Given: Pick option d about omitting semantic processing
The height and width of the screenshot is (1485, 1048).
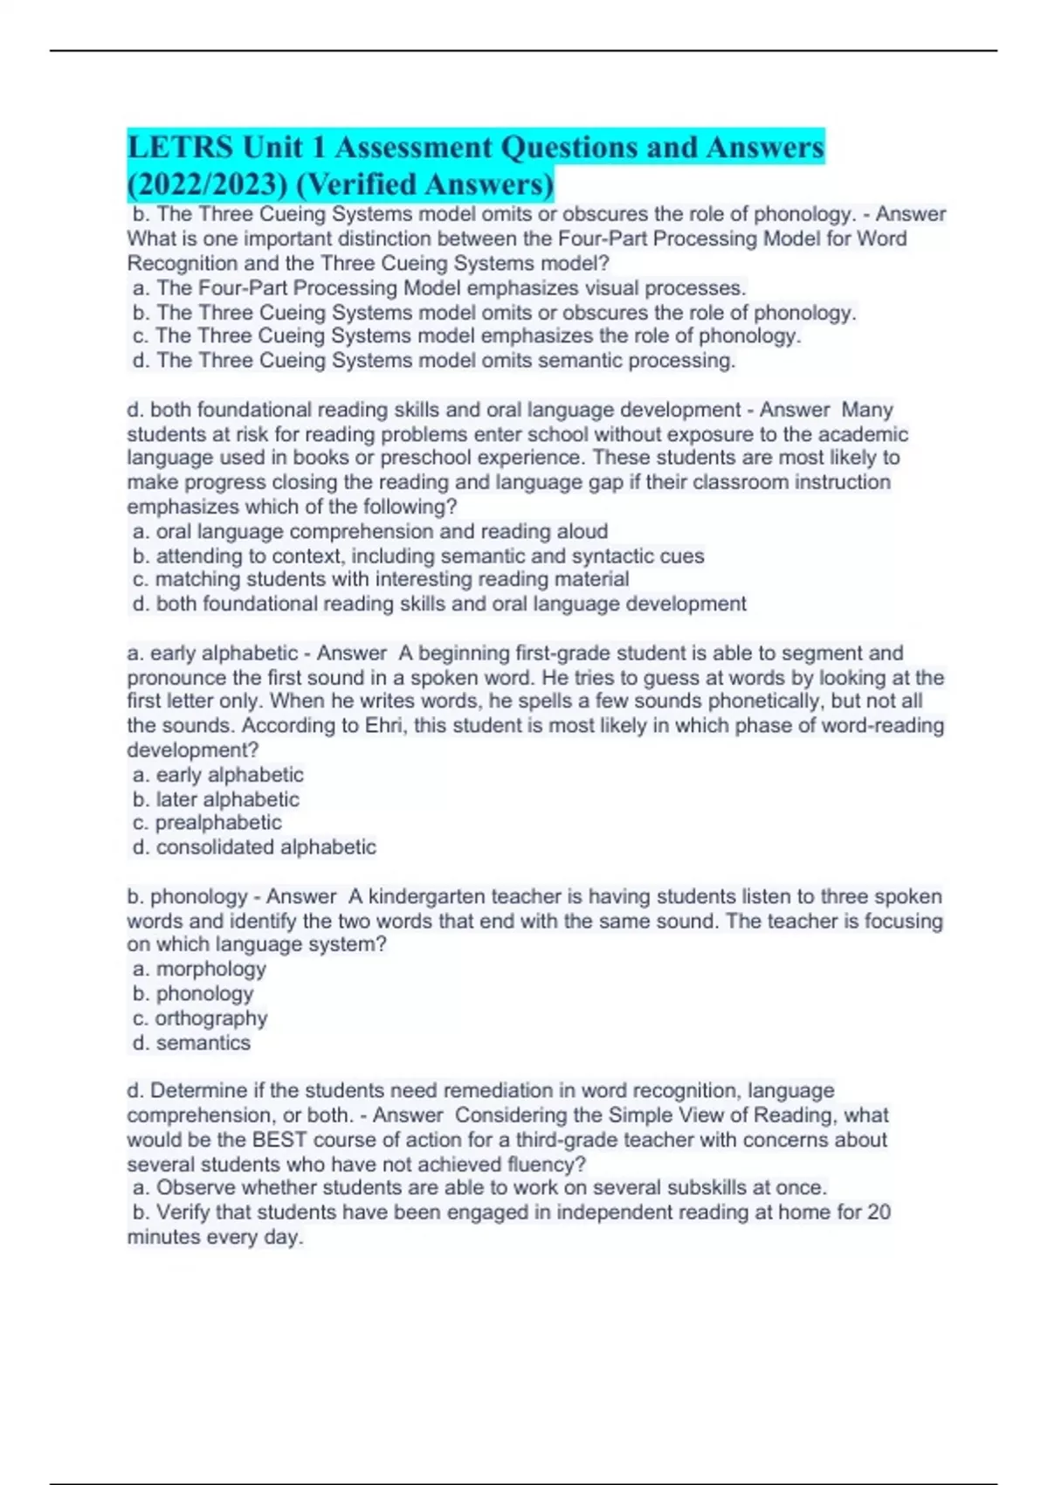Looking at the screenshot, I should point(434,361).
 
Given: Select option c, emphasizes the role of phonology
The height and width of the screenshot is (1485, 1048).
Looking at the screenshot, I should point(466,336).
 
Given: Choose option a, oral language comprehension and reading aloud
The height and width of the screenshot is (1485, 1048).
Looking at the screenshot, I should point(370,531).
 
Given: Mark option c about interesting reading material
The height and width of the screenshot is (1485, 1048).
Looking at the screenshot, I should point(381,579).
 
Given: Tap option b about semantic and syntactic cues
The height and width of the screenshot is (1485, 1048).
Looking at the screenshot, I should point(418,556).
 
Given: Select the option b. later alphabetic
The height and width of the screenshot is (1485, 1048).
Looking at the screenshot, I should point(216,799).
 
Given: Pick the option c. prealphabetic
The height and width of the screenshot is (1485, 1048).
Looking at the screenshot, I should point(207,823).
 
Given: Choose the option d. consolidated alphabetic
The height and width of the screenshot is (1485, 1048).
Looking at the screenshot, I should point(254,847).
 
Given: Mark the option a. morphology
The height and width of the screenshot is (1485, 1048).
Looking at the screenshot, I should point(199,969).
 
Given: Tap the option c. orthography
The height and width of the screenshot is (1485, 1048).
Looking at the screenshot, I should point(200,1019).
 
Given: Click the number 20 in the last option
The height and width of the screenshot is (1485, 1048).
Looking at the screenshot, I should point(879,1212).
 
